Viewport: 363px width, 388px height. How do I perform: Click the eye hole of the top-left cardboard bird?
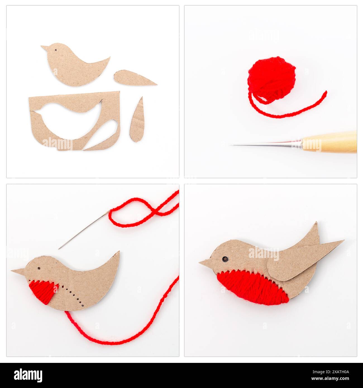pos(56,51)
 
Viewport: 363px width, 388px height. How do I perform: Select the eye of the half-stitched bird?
pos(39,268)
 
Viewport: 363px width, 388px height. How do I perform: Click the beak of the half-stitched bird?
pos(18,271)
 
